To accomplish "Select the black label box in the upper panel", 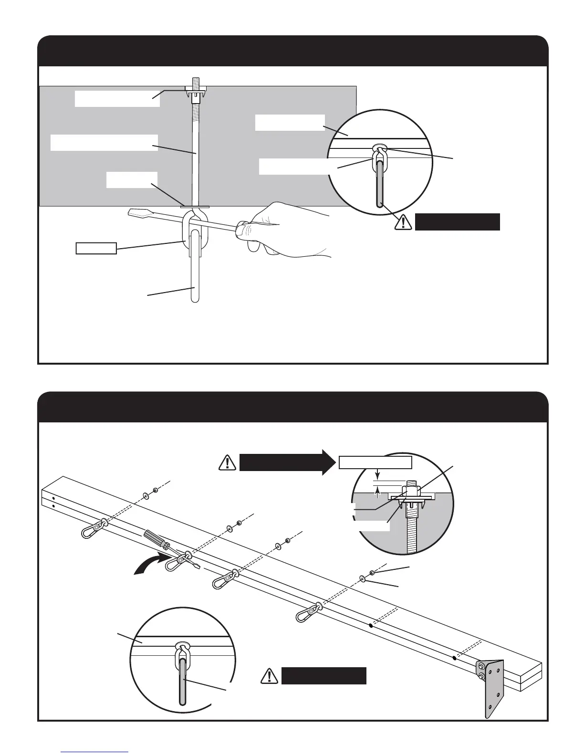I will [x=457, y=222].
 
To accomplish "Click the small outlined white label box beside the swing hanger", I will [x=96, y=248].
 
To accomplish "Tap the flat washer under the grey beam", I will [x=195, y=207].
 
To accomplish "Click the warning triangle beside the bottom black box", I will [x=270, y=676].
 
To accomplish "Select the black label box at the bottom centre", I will [x=324, y=676].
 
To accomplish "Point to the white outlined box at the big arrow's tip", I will [x=375, y=462].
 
